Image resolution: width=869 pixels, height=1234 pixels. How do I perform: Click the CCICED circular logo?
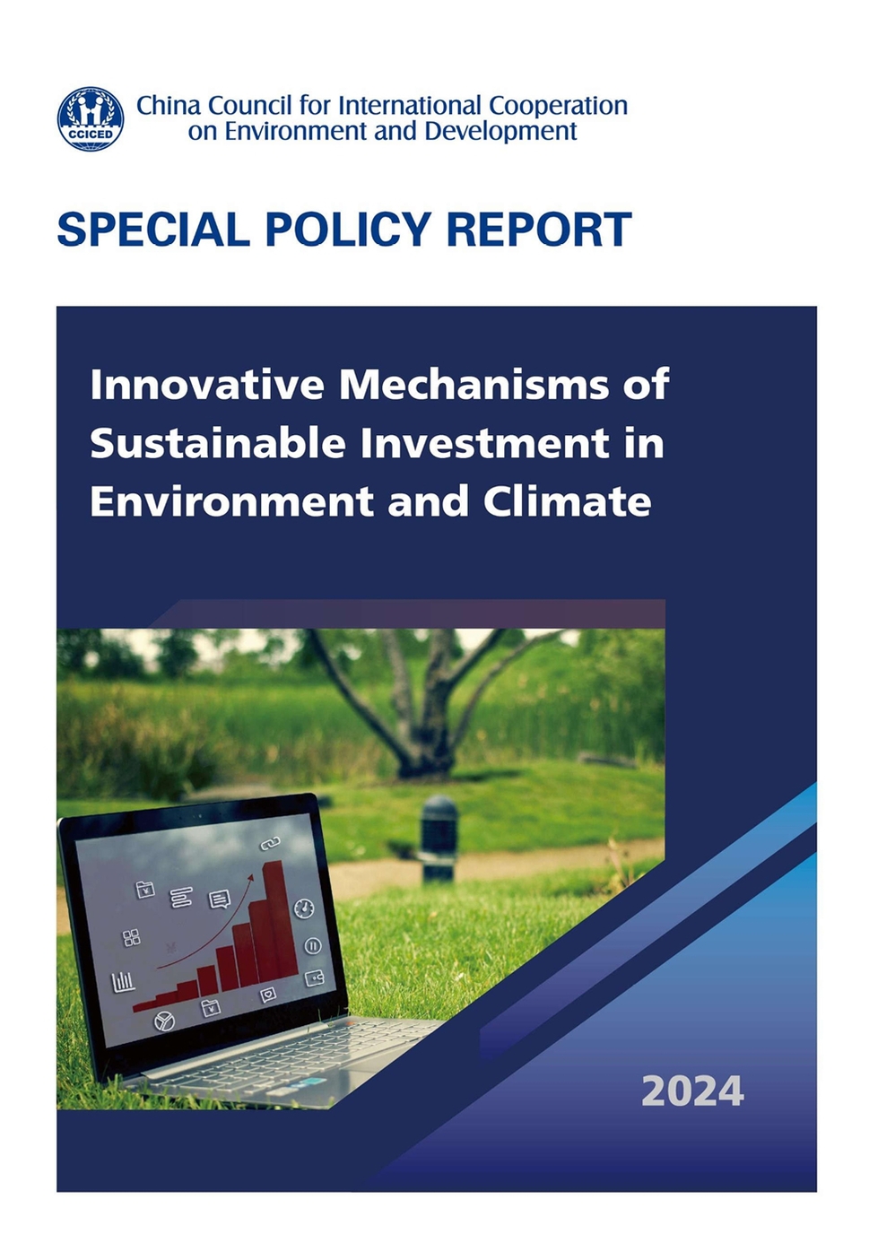(x=91, y=118)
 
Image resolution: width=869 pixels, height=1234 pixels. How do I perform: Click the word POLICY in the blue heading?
(x=348, y=229)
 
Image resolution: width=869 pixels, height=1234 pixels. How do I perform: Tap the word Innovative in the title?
(x=207, y=384)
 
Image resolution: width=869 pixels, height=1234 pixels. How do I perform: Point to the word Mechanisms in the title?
(x=474, y=384)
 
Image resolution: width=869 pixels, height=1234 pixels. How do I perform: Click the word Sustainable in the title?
(x=218, y=443)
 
